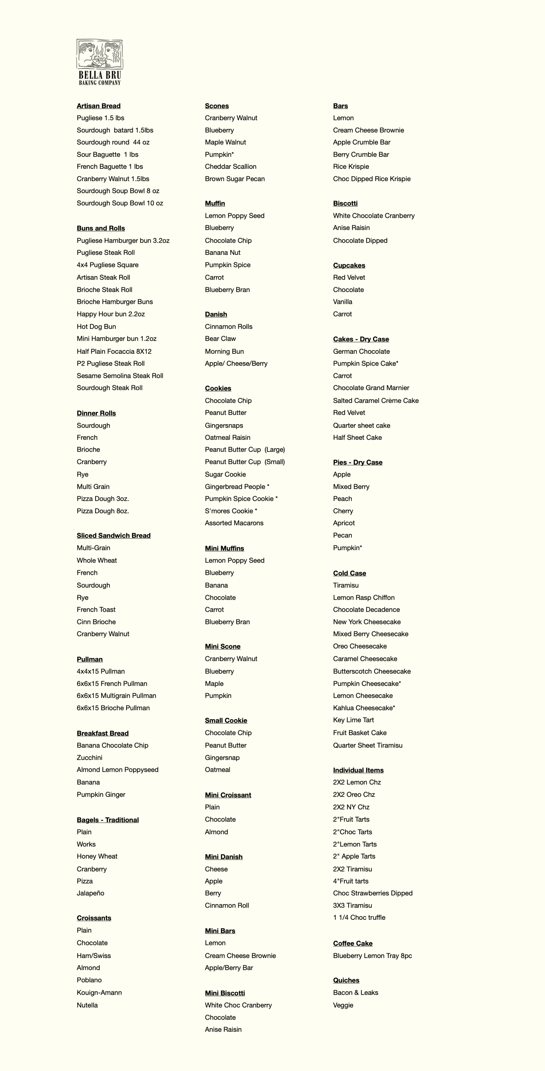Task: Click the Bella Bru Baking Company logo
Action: (100, 62)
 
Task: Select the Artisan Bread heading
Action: (99, 106)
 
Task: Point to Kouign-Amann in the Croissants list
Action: (99, 993)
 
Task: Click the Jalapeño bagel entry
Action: (90, 893)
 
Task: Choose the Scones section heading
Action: (217, 106)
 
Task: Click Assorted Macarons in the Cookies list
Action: (234, 523)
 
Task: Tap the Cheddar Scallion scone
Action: (230, 167)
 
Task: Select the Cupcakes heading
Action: (349, 265)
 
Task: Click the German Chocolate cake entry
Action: (361, 351)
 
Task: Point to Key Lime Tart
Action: (353, 720)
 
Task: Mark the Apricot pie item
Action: (344, 523)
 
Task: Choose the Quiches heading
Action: (346, 980)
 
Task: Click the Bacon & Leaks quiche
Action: (356, 993)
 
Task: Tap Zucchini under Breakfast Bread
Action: (89, 757)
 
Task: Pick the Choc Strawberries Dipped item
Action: (372, 893)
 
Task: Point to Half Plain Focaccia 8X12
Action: (114, 351)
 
